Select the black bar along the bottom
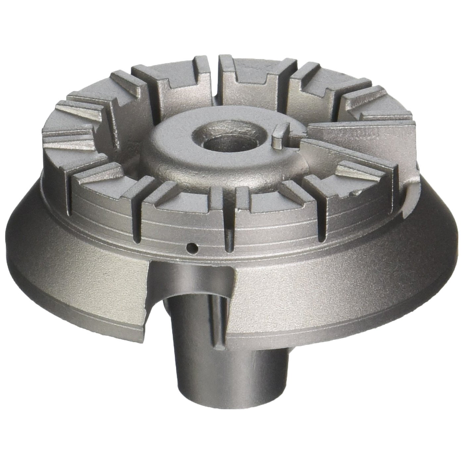pos(232,439)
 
